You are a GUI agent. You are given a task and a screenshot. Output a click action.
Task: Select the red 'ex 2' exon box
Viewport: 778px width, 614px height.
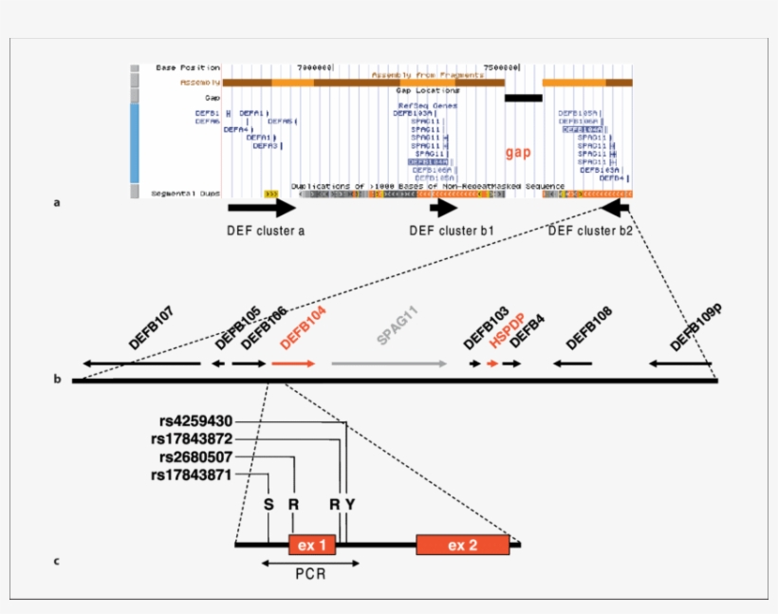tap(462, 545)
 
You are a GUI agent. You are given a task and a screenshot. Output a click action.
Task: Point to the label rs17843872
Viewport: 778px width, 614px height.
tap(191, 439)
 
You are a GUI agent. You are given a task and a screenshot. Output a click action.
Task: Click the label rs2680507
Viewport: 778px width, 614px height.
tap(195, 457)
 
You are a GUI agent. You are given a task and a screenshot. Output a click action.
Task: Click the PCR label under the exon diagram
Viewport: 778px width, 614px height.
tap(310, 574)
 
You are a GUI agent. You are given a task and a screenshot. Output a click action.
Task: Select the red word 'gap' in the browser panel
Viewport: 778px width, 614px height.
tap(518, 152)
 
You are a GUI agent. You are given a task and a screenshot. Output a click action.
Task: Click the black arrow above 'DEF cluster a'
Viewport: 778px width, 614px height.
tap(262, 208)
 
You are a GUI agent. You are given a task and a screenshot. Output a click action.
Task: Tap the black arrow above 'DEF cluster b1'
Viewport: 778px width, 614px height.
tap(443, 208)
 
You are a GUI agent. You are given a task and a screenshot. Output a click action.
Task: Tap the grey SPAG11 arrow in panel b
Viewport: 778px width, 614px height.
tap(389, 363)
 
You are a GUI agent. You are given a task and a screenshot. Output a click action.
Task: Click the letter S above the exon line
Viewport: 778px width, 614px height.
tap(269, 504)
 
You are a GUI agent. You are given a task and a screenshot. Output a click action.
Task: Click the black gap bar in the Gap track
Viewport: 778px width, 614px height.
tap(523, 97)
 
